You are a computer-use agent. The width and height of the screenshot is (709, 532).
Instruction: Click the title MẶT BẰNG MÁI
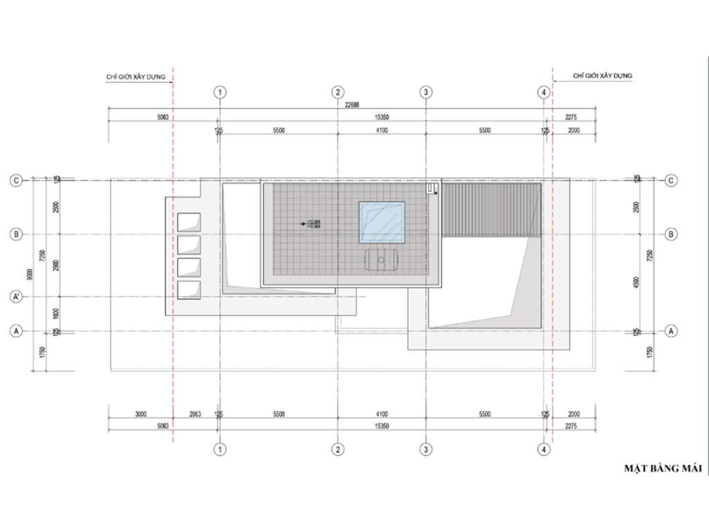click(x=663, y=469)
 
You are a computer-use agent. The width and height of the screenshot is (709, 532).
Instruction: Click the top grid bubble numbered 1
click(x=220, y=92)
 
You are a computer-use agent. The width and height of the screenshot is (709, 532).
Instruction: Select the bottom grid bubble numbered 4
click(x=545, y=449)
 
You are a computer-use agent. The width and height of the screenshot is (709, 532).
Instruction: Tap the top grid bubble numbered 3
click(x=426, y=92)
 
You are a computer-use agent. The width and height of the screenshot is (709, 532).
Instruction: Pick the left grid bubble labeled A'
click(x=16, y=298)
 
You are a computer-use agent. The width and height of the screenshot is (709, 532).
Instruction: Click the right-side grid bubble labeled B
click(x=670, y=234)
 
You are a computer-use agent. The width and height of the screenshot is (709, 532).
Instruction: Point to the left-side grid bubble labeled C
click(x=16, y=180)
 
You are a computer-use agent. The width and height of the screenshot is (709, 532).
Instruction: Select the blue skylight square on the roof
click(x=381, y=223)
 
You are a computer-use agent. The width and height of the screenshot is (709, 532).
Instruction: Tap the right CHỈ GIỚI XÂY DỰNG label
click(x=603, y=74)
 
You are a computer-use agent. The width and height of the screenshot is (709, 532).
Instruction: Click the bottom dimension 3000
click(x=141, y=414)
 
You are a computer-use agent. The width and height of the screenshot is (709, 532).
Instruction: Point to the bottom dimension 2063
click(x=195, y=414)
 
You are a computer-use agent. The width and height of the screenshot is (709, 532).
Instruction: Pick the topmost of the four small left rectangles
click(x=189, y=222)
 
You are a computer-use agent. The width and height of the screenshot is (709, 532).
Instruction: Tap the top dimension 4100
click(x=382, y=130)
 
